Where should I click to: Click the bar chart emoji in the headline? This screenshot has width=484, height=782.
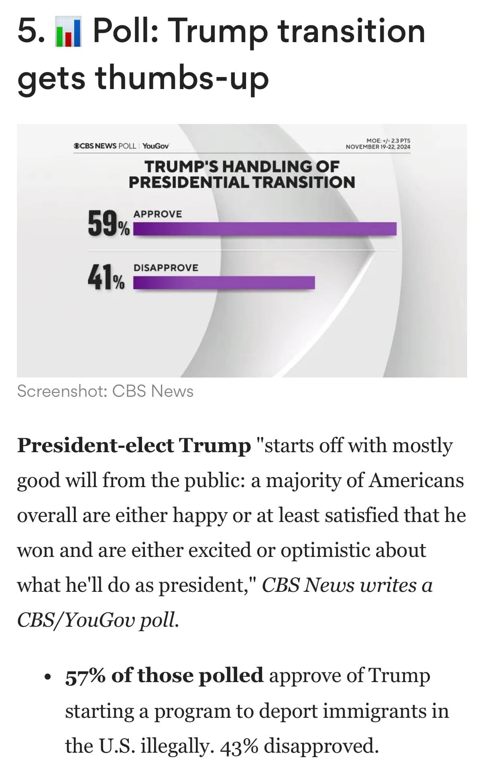(x=68, y=33)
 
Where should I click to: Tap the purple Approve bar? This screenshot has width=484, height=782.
(x=264, y=229)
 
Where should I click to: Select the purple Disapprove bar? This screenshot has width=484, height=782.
(x=224, y=282)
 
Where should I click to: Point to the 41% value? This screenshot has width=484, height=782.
(x=106, y=278)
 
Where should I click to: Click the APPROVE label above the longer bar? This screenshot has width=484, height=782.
(x=158, y=214)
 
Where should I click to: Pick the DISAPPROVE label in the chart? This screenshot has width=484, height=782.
(x=166, y=268)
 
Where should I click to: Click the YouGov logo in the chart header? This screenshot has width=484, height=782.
(x=156, y=146)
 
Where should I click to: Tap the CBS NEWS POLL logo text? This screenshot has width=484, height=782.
(x=105, y=146)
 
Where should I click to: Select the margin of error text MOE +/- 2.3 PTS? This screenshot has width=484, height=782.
(x=388, y=141)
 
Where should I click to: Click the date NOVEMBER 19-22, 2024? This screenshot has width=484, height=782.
(x=378, y=147)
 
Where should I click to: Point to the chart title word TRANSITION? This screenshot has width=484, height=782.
(x=304, y=183)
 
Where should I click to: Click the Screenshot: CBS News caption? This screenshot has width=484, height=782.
(x=105, y=391)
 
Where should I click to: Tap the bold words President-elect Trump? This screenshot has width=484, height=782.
(x=134, y=445)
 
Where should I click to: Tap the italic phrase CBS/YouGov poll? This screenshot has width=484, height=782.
(x=98, y=620)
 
